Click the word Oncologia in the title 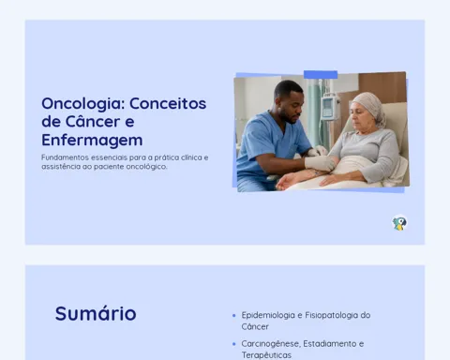pyautogui.click(x=83, y=104)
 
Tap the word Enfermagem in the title pyautogui.click(x=92, y=141)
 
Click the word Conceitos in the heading pyautogui.click(x=168, y=103)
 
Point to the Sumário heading pyautogui.click(x=96, y=313)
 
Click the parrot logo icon pyautogui.click(x=399, y=223)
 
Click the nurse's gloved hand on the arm pyautogui.click(x=319, y=163)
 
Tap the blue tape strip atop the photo pyautogui.click(x=321, y=75)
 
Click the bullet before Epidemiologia pyautogui.click(x=234, y=316)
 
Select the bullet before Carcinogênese pyautogui.click(x=234, y=344)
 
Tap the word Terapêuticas pyautogui.click(x=266, y=355)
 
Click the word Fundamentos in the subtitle pyautogui.click(x=65, y=157)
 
